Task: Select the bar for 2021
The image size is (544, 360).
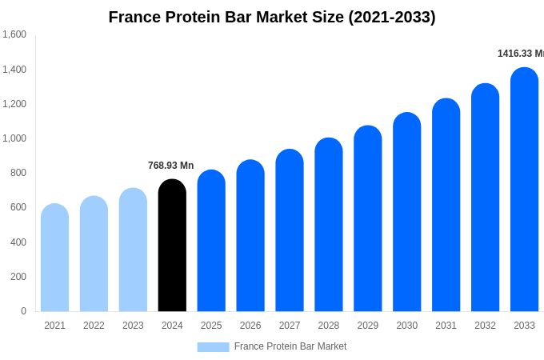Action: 54,258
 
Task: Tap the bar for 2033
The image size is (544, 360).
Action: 524,190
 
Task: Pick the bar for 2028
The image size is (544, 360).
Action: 329,225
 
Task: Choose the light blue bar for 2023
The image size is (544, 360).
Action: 133,250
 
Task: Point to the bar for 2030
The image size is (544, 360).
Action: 406,212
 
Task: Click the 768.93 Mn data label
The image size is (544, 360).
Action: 170,166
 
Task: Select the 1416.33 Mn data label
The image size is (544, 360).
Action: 520,54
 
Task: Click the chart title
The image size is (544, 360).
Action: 272,17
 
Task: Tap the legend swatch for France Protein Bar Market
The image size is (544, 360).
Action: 213,347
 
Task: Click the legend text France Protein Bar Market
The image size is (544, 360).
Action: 290,346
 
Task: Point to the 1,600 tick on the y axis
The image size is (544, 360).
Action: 14,34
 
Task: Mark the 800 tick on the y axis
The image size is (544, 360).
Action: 18,173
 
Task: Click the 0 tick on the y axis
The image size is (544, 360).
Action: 23,311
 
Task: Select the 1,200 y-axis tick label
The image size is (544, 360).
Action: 14,104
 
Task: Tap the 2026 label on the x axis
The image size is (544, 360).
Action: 250,326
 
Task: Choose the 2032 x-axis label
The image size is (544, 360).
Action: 485,326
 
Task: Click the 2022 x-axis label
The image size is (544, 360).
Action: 94,326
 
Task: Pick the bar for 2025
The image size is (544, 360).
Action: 211,241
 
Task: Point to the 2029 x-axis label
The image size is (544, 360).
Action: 368,326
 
